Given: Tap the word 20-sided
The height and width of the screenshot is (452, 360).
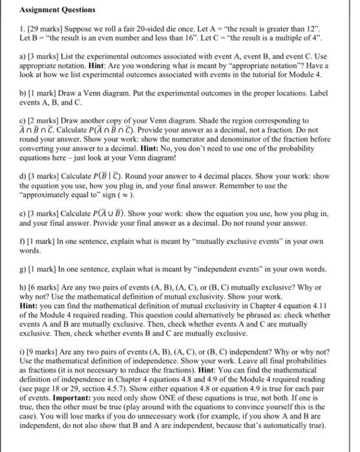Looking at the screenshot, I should click(x=156, y=30).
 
